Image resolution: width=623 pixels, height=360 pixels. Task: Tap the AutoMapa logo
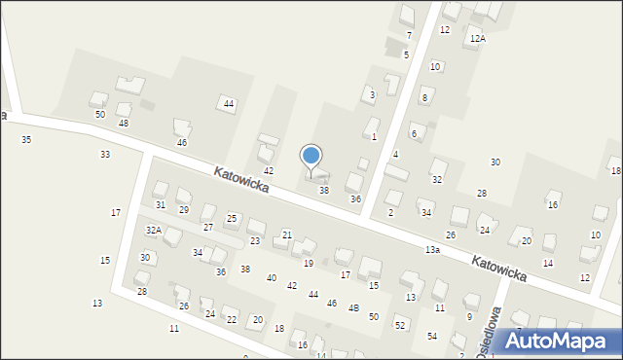pyautogui.click(x=561, y=342)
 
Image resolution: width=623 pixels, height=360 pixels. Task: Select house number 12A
pyautogui.click(x=477, y=38)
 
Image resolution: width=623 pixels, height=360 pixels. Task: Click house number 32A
pyautogui.click(x=153, y=230)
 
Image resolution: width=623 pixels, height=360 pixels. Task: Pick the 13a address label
pyautogui.click(x=432, y=250)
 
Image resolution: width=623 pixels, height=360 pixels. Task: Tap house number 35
pyautogui.click(x=26, y=140)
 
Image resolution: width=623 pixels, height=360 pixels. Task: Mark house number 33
pyautogui.click(x=104, y=155)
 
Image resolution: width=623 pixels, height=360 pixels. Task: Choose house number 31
pyautogui.click(x=161, y=205)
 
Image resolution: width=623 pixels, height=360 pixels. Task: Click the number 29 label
pyautogui.click(x=183, y=210)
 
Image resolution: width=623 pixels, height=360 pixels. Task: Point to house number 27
pyautogui.click(x=207, y=227)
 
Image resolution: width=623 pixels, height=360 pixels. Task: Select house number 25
pyautogui.click(x=232, y=218)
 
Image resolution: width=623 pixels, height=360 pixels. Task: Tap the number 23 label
pyautogui.click(x=255, y=240)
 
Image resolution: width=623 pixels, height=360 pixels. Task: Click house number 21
pyautogui.click(x=286, y=235)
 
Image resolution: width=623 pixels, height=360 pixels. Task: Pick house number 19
pyautogui.click(x=309, y=264)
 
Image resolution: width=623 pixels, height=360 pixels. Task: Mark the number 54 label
pyautogui.click(x=432, y=336)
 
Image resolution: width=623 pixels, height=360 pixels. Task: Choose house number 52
pyautogui.click(x=399, y=325)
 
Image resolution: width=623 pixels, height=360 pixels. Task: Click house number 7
pyautogui.click(x=409, y=36)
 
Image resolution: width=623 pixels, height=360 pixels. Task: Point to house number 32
pyautogui.click(x=437, y=180)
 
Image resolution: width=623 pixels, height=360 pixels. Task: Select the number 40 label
pyautogui.click(x=271, y=278)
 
